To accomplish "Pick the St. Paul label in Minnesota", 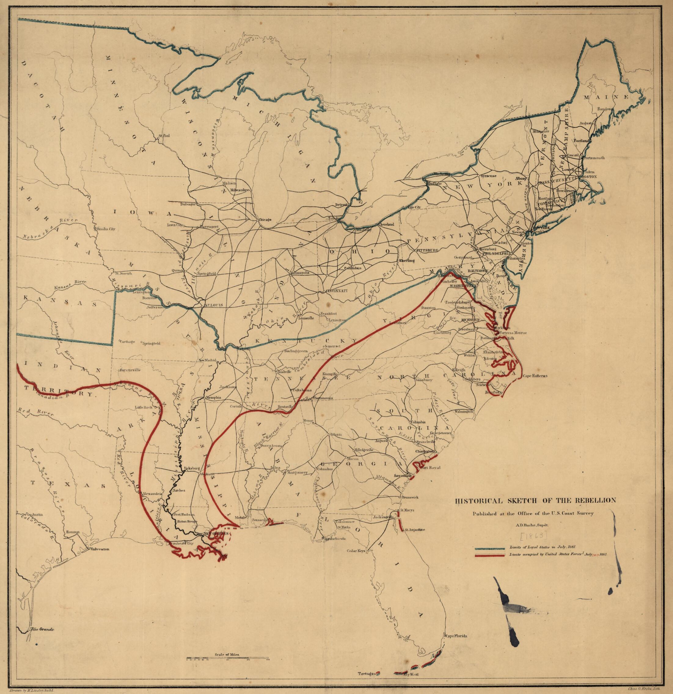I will click(x=164, y=135).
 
